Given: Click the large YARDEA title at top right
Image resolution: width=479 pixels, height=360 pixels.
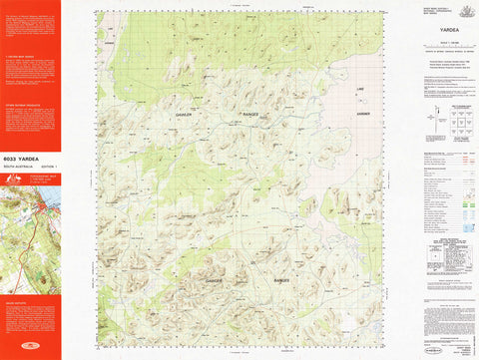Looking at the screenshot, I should (x=446, y=30).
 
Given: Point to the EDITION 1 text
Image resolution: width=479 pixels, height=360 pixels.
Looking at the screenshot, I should (x=49, y=165).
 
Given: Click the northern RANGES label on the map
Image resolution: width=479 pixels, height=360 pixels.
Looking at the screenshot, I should (x=251, y=116).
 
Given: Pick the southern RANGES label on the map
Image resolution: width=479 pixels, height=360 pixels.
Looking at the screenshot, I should (x=280, y=281).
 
